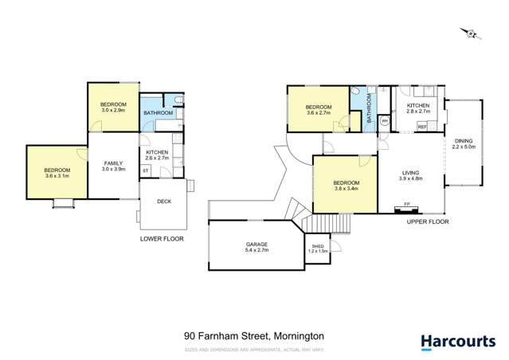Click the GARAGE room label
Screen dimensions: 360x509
pyautogui.click(x=256, y=245)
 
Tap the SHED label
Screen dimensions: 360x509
pyautogui.click(x=317, y=246)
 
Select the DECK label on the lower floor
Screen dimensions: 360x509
pyautogui.click(x=164, y=202)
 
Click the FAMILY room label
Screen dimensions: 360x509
pyautogui.click(x=114, y=162)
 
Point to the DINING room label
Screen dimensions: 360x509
pyautogui.click(x=462, y=142)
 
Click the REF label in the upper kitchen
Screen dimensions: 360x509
pyautogui.click(x=422, y=127)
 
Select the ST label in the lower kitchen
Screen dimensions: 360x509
pyautogui.click(x=146, y=170)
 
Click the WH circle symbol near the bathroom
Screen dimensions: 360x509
pyautogui.click(x=385, y=121)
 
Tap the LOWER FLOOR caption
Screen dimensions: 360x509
pyautogui.click(x=162, y=238)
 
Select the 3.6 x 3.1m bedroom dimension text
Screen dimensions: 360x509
pyautogui.click(x=57, y=176)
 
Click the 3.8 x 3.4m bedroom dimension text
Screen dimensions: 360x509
pyautogui.click(x=344, y=190)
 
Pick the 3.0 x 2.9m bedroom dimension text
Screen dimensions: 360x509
pyautogui.click(x=113, y=110)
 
